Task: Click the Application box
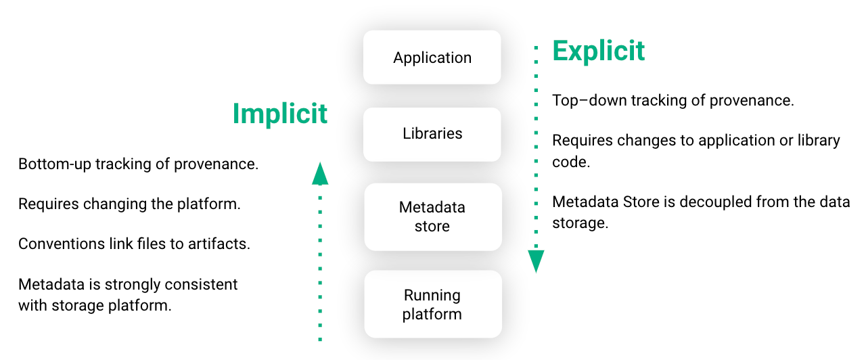tap(432, 58)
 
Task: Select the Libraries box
tap(432, 133)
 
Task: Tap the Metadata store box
tap(432, 217)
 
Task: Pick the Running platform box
tap(432, 305)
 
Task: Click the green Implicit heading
tap(280, 114)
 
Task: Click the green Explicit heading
tap(599, 51)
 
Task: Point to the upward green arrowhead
tap(320, 173)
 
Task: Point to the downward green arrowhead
tap(536, 261)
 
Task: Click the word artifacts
tap(221, 244)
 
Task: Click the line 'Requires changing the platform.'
tap(129, 204)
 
